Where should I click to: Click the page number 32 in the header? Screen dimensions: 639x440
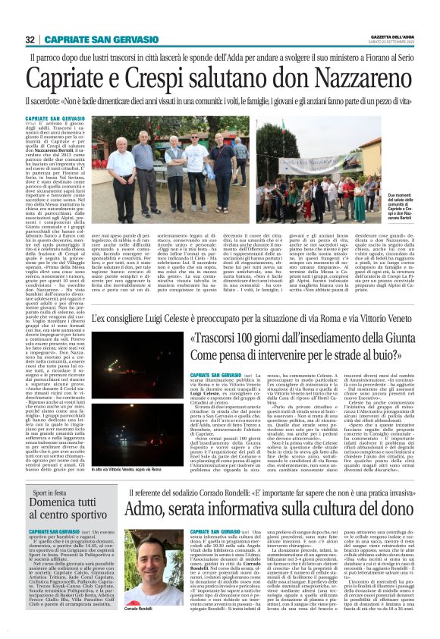(30, 39)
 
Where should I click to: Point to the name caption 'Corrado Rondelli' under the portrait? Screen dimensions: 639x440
(140, 609)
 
